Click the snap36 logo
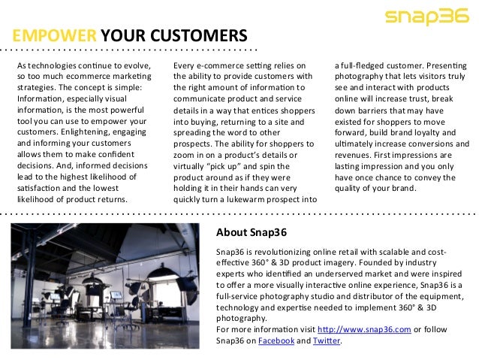[x=425, y=18]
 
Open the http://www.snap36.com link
[x=364, y=329]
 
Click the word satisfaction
[x=41, y=188]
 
